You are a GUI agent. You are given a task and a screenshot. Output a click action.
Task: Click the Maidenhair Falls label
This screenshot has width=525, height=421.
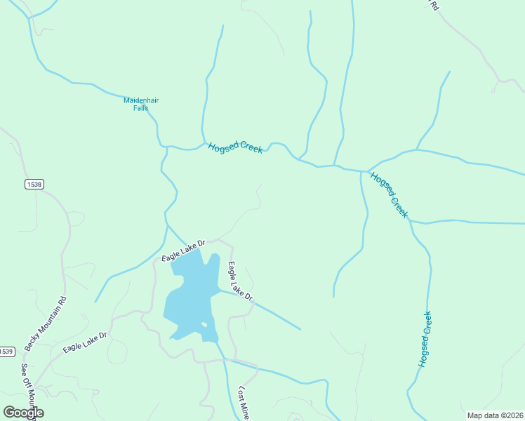tap(141, 104)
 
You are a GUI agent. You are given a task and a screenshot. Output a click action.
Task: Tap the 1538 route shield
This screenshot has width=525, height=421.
tap(34, 184)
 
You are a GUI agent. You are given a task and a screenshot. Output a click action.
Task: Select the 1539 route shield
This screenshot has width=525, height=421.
tap(6, 352)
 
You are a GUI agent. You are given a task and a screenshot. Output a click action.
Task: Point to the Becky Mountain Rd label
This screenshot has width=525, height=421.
tap(46, 323)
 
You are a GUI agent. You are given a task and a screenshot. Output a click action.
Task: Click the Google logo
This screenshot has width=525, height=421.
tap(23, 413)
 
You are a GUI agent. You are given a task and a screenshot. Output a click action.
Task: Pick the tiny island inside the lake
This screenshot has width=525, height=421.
tap(204, 324)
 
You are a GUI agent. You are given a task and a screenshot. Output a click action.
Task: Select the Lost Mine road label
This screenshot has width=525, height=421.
tap(244, 403)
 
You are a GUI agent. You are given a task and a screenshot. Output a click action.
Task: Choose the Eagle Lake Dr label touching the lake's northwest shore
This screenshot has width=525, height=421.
tap(182, 250)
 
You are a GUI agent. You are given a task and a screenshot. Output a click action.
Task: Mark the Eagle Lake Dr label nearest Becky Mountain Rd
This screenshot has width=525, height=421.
tap(84, 342)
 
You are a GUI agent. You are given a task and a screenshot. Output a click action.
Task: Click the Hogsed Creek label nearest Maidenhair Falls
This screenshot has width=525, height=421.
tap(234, 147)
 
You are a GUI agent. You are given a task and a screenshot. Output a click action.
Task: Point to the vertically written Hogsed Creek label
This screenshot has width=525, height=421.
tap(425, 340)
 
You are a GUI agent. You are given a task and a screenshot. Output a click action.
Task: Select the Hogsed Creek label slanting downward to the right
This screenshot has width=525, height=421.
tap(389, 194)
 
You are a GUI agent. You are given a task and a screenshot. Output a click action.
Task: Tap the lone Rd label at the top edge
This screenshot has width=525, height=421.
tap(434, 5)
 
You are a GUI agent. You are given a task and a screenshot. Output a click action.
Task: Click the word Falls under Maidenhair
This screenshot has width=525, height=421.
tap(141, 108)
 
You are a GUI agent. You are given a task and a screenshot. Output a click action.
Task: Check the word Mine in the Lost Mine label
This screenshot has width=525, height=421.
tap(246, 410)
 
